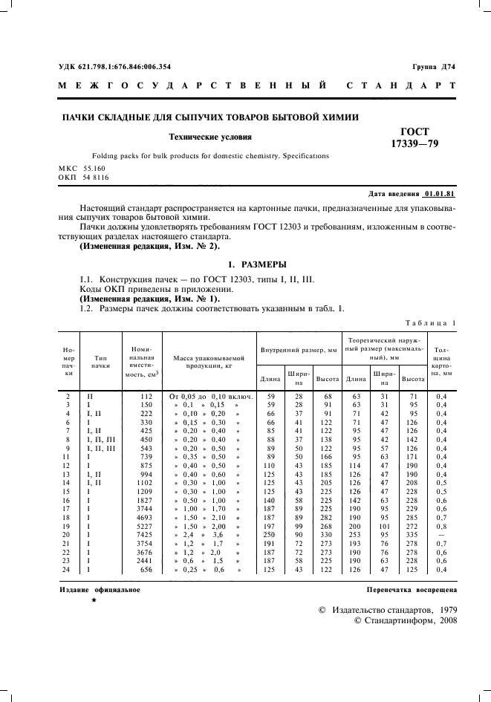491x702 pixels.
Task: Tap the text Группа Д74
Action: [434, 67]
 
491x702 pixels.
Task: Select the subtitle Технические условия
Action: [211, 137]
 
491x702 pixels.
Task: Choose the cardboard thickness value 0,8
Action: [442, 525]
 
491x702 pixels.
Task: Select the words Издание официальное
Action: [100, 589]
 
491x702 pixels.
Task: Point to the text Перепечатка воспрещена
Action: [412, 589]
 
